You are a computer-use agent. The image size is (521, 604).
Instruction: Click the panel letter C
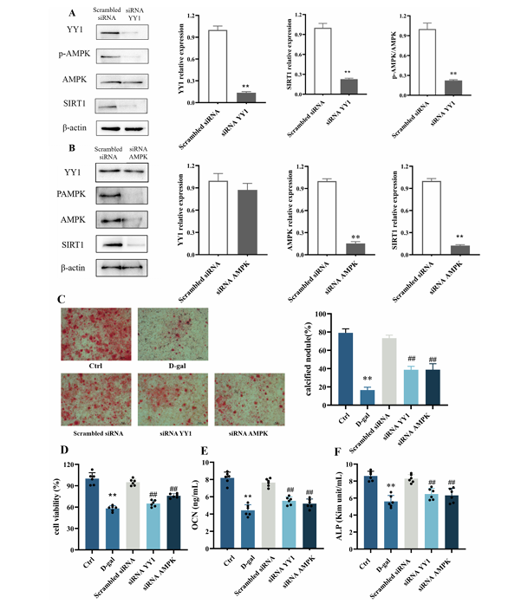click(62, 299)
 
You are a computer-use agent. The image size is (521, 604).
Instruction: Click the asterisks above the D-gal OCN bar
click(246, 496)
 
